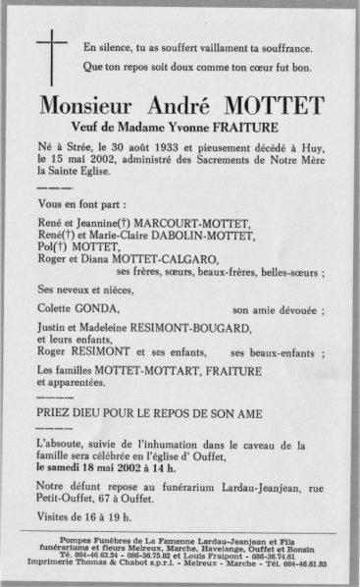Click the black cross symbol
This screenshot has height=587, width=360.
(52, 50)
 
